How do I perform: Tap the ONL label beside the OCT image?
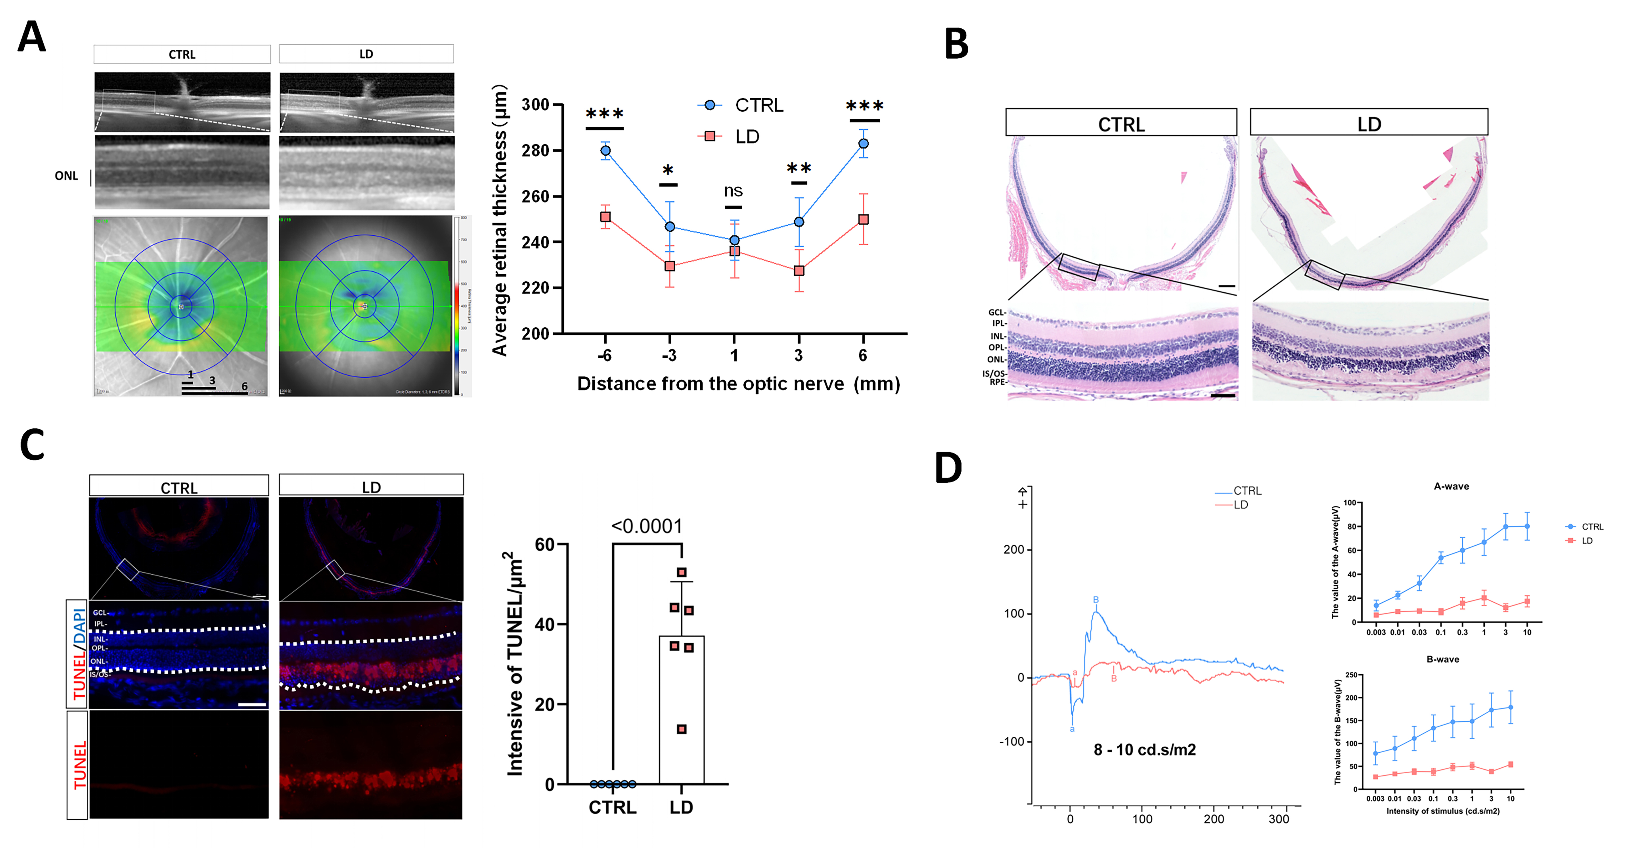tap(66, 176)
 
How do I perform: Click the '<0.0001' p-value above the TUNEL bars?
tap(647, 526)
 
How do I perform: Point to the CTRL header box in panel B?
tap(1121, 123)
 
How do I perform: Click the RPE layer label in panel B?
tap(997, 382)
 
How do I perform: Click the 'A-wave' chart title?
tap(1451, 486)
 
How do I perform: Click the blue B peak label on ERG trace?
tap(1096, 599)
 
